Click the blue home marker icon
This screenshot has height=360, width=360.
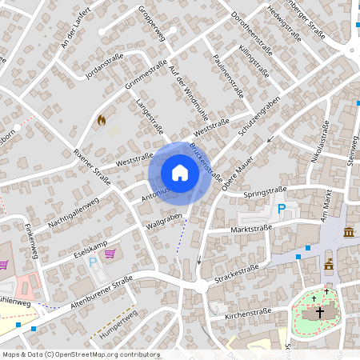pos(180,172)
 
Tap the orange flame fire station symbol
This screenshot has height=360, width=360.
pos(101,120)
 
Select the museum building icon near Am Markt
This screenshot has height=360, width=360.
pos(349,232)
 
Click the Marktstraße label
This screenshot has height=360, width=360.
pos(250,228)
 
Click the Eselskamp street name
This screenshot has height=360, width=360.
pos(69,250)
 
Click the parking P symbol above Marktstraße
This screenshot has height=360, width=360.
pos(282,210)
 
